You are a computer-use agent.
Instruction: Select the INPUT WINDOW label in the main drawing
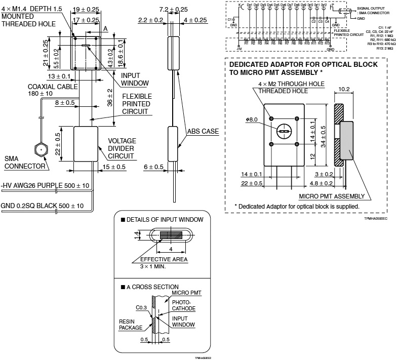(134, 79)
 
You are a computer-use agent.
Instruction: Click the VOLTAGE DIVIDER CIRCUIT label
(122, 149)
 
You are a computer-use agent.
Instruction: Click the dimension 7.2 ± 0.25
(160, 9)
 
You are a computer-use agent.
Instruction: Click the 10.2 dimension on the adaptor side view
(344, 89)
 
